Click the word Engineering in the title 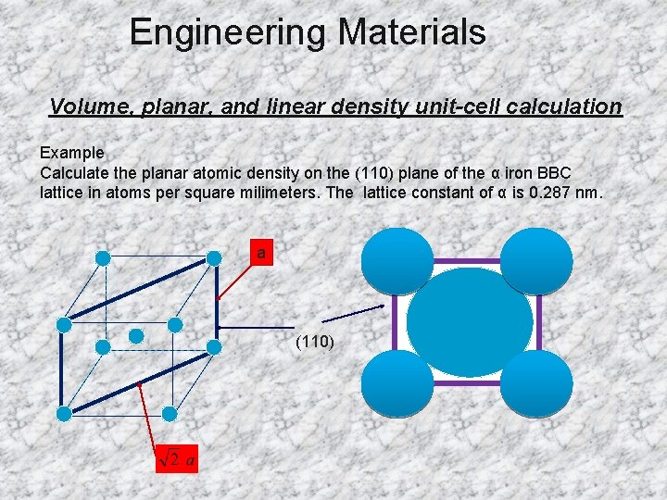(x=228, y=32)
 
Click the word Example (x=71, y=153)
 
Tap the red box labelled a (x=262, y=253)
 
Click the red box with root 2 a (x=177, y=457)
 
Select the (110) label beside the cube (x=315, y=342)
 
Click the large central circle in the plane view (x=470, y=321)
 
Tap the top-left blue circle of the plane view (x=397, y=260)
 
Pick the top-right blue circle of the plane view (x=537, y=260)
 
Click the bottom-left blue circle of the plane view (x=397, y=383)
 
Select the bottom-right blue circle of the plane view (x=537, y=383)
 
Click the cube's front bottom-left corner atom (x=64, y=413)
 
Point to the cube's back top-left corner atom (x=103, y=257)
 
